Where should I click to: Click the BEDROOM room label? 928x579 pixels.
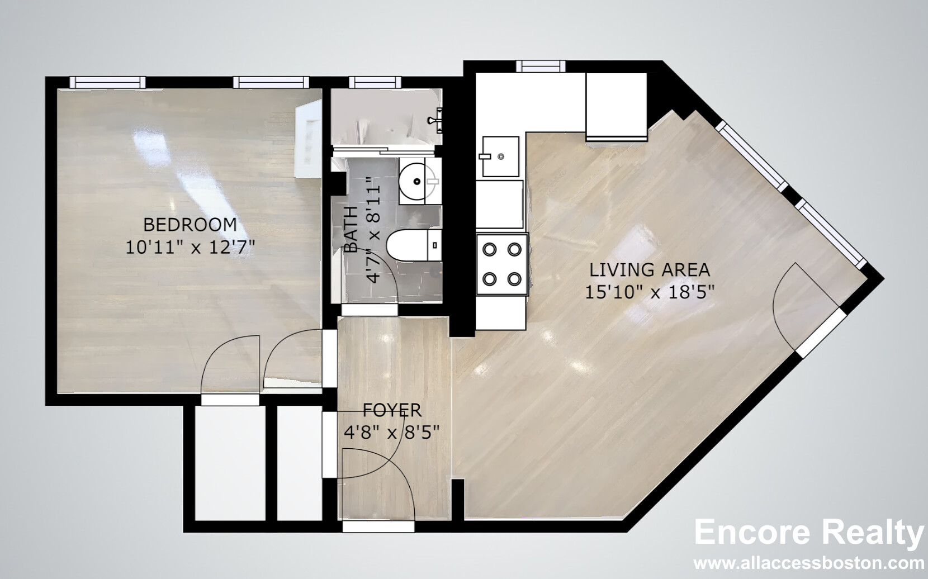190,225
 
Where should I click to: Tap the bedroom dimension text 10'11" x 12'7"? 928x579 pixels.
190,247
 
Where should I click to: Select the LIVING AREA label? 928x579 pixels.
650,270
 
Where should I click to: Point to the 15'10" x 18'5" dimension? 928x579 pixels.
650,292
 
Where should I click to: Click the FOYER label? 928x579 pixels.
392,410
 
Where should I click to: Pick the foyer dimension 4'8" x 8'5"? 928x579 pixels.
391,433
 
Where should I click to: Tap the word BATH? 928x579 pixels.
351,230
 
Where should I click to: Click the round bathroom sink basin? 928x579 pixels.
417,181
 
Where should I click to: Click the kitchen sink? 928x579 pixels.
500,156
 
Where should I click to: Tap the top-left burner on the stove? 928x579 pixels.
490,250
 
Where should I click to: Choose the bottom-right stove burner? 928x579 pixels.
514,279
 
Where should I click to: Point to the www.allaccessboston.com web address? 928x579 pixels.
809,564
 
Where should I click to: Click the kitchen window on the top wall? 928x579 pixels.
541,67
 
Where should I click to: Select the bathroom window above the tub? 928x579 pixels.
375,82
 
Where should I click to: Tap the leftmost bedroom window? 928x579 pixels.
108,82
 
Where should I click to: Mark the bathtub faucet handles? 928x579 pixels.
435,120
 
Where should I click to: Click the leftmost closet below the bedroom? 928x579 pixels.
230,463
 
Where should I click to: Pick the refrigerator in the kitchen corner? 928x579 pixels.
617,106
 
